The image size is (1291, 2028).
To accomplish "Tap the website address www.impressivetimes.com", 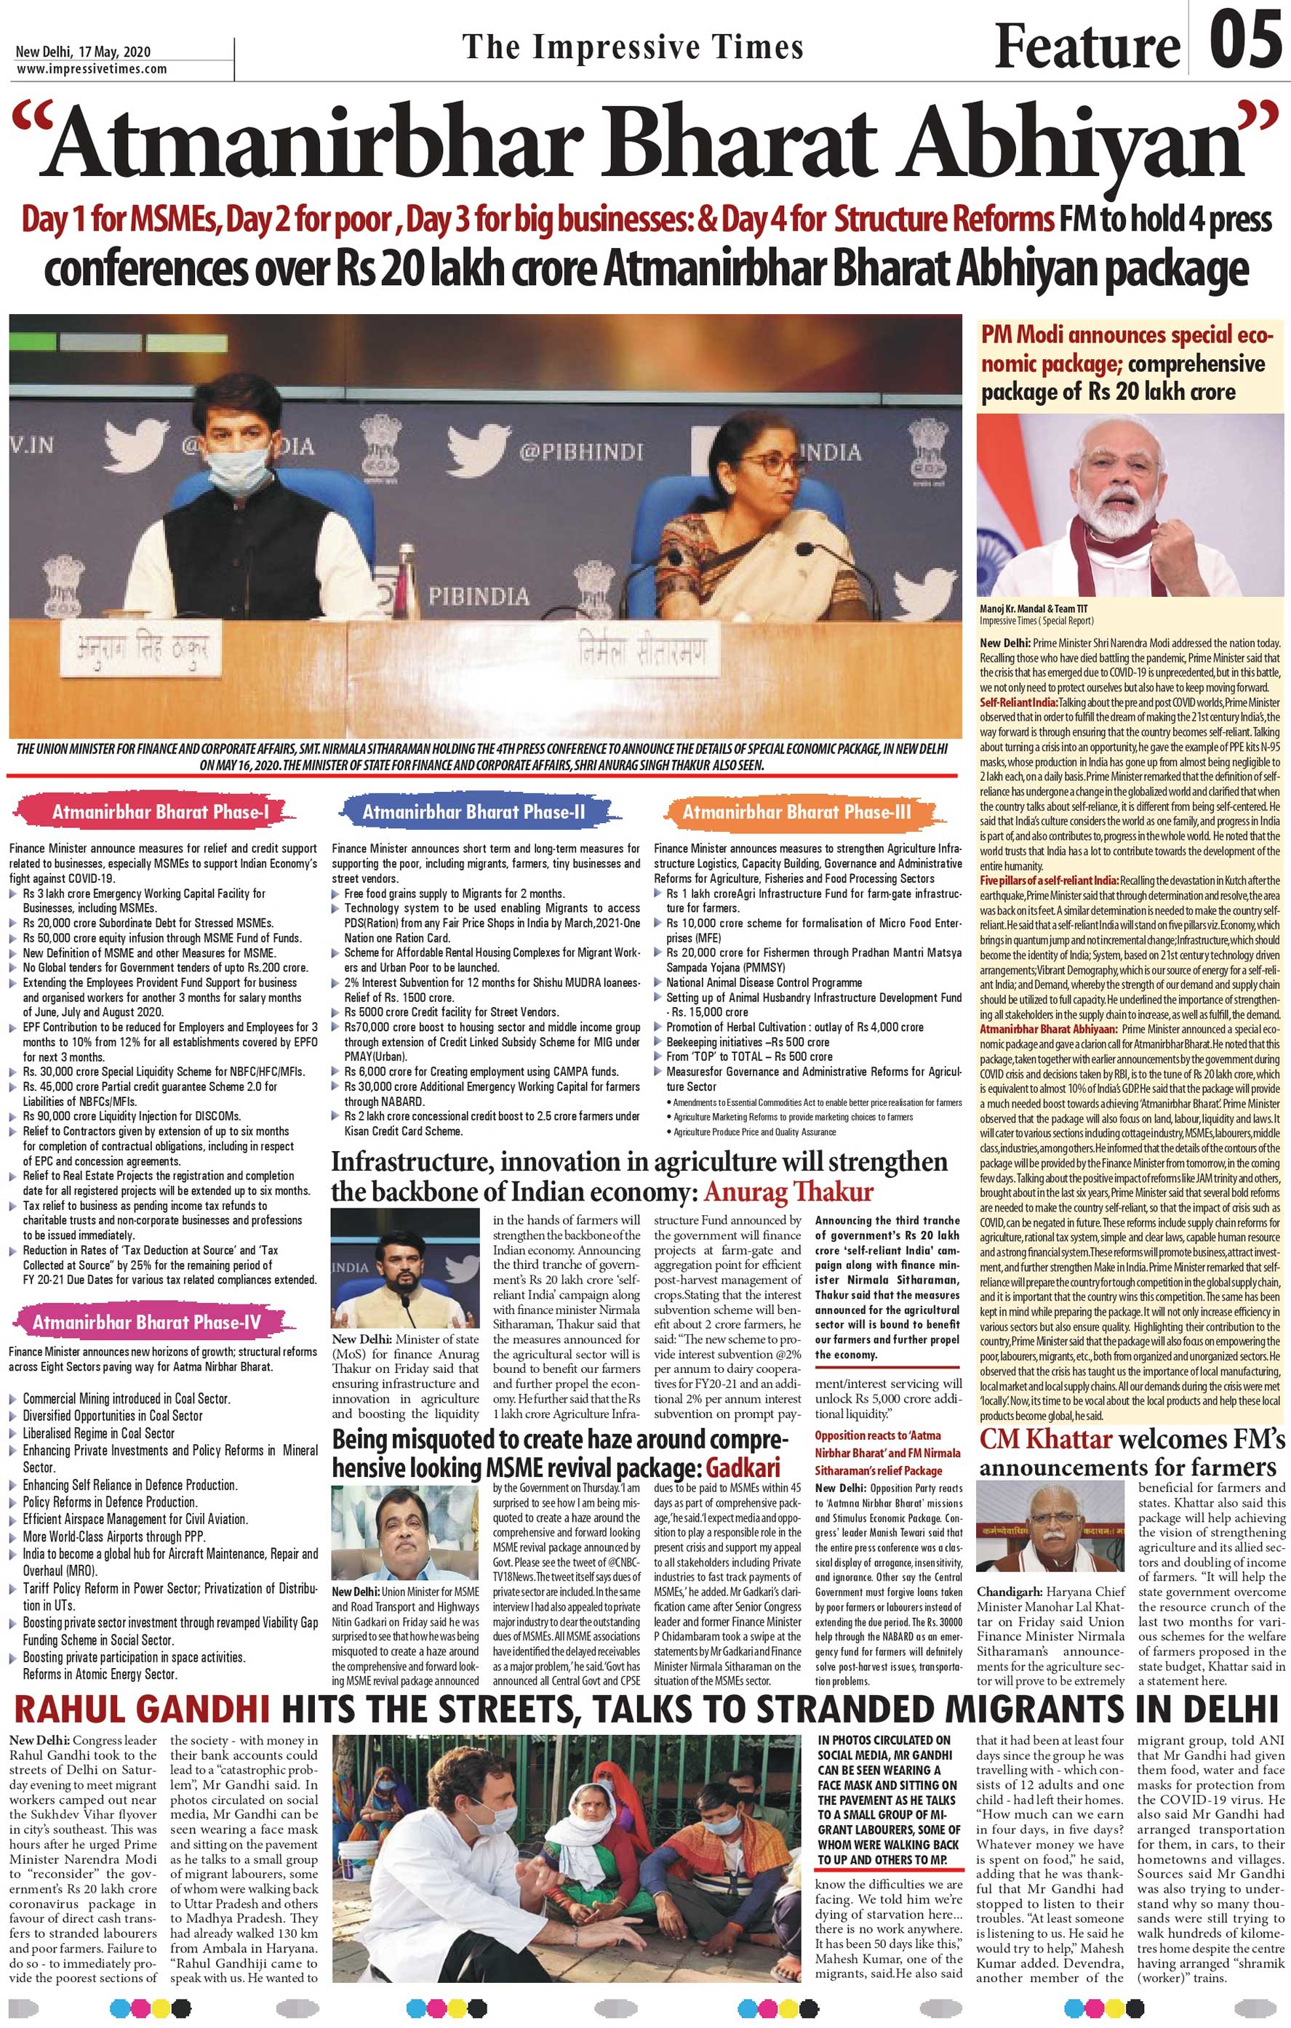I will tap(91, 69).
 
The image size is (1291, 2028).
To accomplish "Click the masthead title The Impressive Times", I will tap(631, 47).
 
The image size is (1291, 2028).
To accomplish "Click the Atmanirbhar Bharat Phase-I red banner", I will tap(160, 812).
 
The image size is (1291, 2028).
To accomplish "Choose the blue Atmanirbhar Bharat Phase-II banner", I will tap(473, 812).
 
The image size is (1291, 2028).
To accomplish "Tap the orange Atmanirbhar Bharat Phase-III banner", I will tap(796, 812).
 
